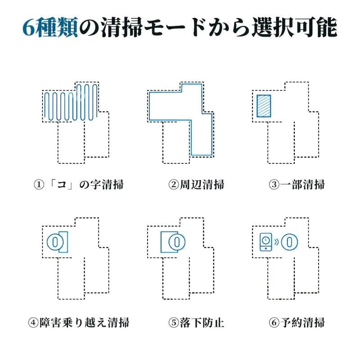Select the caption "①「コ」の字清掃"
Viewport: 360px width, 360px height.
click(x=79, y=184)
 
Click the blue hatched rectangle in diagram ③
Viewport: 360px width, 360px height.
click(x=263, y=106)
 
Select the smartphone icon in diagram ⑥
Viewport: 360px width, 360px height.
click(x=266, y=242)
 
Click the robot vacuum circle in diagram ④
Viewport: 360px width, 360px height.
click(x=55, y=242)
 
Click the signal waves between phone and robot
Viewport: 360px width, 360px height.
click(x=276, y=242)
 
